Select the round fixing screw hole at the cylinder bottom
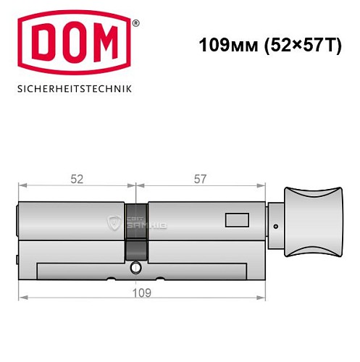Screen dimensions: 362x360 coord(135,269)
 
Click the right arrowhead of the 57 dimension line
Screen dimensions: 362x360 coord(264,185)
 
